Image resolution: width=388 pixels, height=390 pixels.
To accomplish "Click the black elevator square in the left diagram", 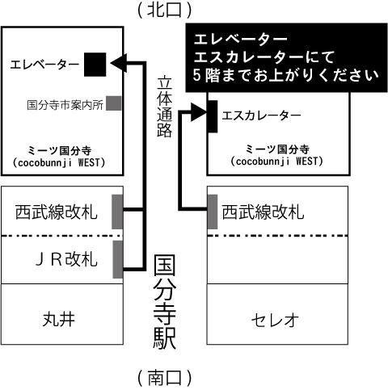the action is pos(95,65).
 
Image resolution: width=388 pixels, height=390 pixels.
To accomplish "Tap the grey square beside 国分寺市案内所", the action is pos(113,103).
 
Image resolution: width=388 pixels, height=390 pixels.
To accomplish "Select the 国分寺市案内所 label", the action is pos(65,105).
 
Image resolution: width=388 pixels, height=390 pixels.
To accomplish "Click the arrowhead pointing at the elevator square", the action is pos(119,64).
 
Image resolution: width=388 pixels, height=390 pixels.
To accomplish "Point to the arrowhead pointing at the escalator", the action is pos(199,111).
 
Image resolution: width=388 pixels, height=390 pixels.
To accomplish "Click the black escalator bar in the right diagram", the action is pos(213,116).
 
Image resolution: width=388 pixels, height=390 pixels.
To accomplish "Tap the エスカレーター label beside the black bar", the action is pos(261,115).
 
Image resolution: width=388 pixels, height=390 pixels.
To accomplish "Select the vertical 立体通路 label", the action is pos(164,107).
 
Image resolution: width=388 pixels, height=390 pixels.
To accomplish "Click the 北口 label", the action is pos(165,10).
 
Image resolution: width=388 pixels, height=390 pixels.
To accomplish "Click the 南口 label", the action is pos(165,378).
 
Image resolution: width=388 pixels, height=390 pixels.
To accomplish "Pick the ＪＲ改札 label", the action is pos(66,259).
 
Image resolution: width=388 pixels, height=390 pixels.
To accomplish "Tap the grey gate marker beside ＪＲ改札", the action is pos(118,259).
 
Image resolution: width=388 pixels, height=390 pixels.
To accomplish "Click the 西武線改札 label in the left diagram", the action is pos(56,212).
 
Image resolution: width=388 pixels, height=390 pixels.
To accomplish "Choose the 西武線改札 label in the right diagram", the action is pos(263,212).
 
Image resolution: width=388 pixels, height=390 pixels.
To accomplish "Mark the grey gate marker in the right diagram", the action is pos(213,212).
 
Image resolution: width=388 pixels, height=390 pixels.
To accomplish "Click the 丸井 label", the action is pos(59,320).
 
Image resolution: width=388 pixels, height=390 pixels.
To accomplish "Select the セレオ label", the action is pos(275,320).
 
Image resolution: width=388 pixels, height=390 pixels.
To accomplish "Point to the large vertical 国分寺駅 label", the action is pos(165,302).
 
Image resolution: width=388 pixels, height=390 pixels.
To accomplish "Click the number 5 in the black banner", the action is pos(197,75).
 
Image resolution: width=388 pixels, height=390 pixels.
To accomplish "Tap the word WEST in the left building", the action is pos(89,162).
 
